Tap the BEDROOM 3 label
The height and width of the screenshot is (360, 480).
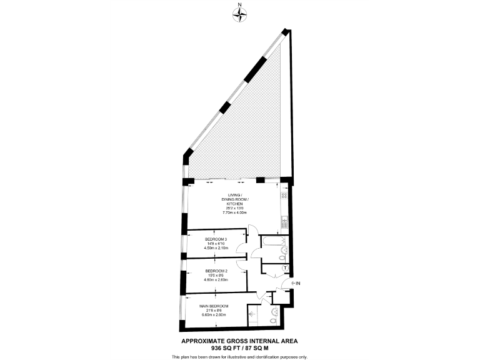[216, 239]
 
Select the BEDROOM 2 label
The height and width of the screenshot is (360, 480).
[216, 271]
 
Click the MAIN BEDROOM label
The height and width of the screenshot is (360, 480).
[214, 306]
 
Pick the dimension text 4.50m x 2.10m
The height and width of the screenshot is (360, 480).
[216, 248]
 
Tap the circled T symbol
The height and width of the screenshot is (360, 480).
[285, 269]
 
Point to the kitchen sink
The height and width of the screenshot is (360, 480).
[285, 220]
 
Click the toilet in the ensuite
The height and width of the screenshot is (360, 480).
[272, 321]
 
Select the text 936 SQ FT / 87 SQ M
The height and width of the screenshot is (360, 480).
[239, 347]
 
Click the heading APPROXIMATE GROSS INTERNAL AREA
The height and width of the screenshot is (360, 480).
[239, 341]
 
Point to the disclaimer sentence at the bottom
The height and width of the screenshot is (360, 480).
[239, 356]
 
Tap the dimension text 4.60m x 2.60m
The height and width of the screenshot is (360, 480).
[216, 279]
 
